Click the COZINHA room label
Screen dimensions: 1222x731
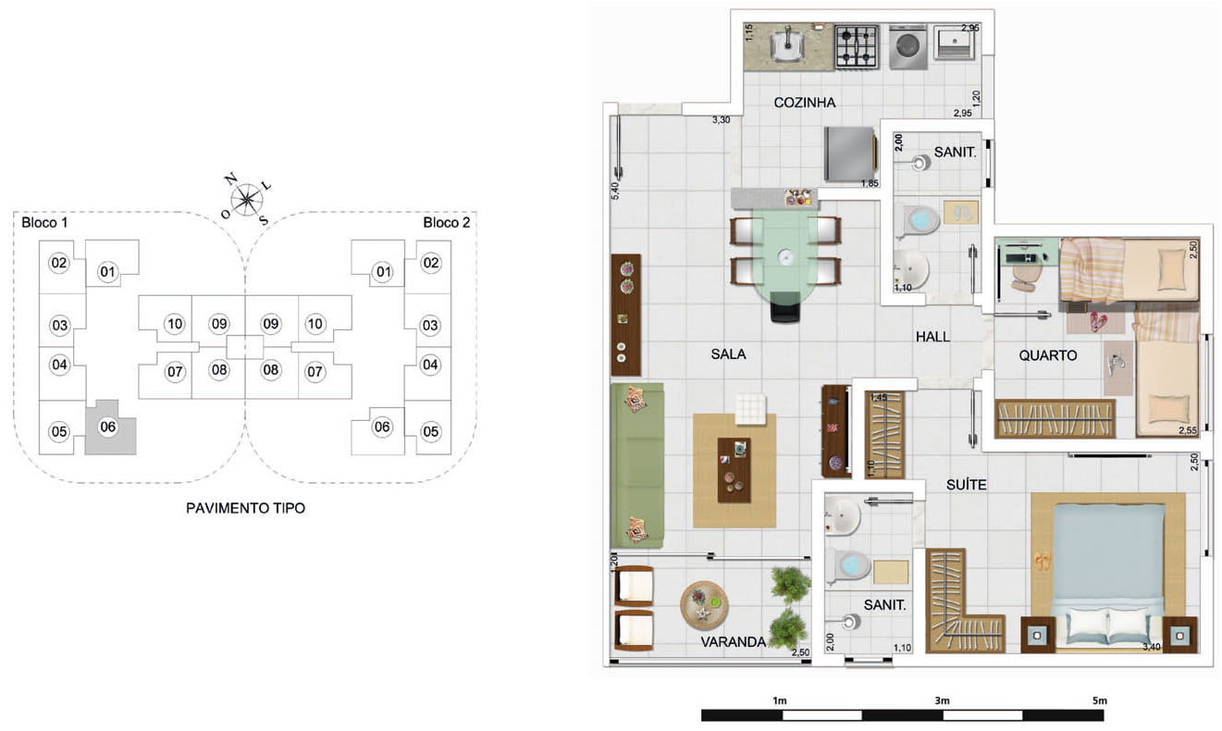tap(805, 103)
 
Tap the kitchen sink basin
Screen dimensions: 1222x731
tap(786, 45)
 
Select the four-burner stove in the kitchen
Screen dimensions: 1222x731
tap(857, 46)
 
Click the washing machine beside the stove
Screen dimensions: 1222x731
tap(907, 48)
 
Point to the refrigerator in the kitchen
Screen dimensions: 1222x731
tap(851, 154)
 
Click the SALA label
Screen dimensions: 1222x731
tap(728, 354)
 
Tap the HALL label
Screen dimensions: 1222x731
tap(932, 337)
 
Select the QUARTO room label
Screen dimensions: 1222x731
tap(1048, 355)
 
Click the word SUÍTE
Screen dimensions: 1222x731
tap(966, 485)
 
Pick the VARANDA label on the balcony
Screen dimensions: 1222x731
tap(734, 642)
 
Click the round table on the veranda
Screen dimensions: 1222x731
tap(704, 605)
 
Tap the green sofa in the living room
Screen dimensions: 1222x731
tap(637, 465)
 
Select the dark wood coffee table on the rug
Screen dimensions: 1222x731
tap(734, 470)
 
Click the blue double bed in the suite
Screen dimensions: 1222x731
tap(1108, 573)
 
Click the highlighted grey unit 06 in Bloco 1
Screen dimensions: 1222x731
tap(110, 427)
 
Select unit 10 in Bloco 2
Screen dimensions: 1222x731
tap(315, 324)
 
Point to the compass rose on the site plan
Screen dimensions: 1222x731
tap(247, 199)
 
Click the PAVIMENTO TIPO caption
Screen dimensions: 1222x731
tap(245, 508)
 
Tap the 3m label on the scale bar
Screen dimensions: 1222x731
tap(942, 700)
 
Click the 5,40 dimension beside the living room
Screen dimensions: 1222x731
tap(615, 191)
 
